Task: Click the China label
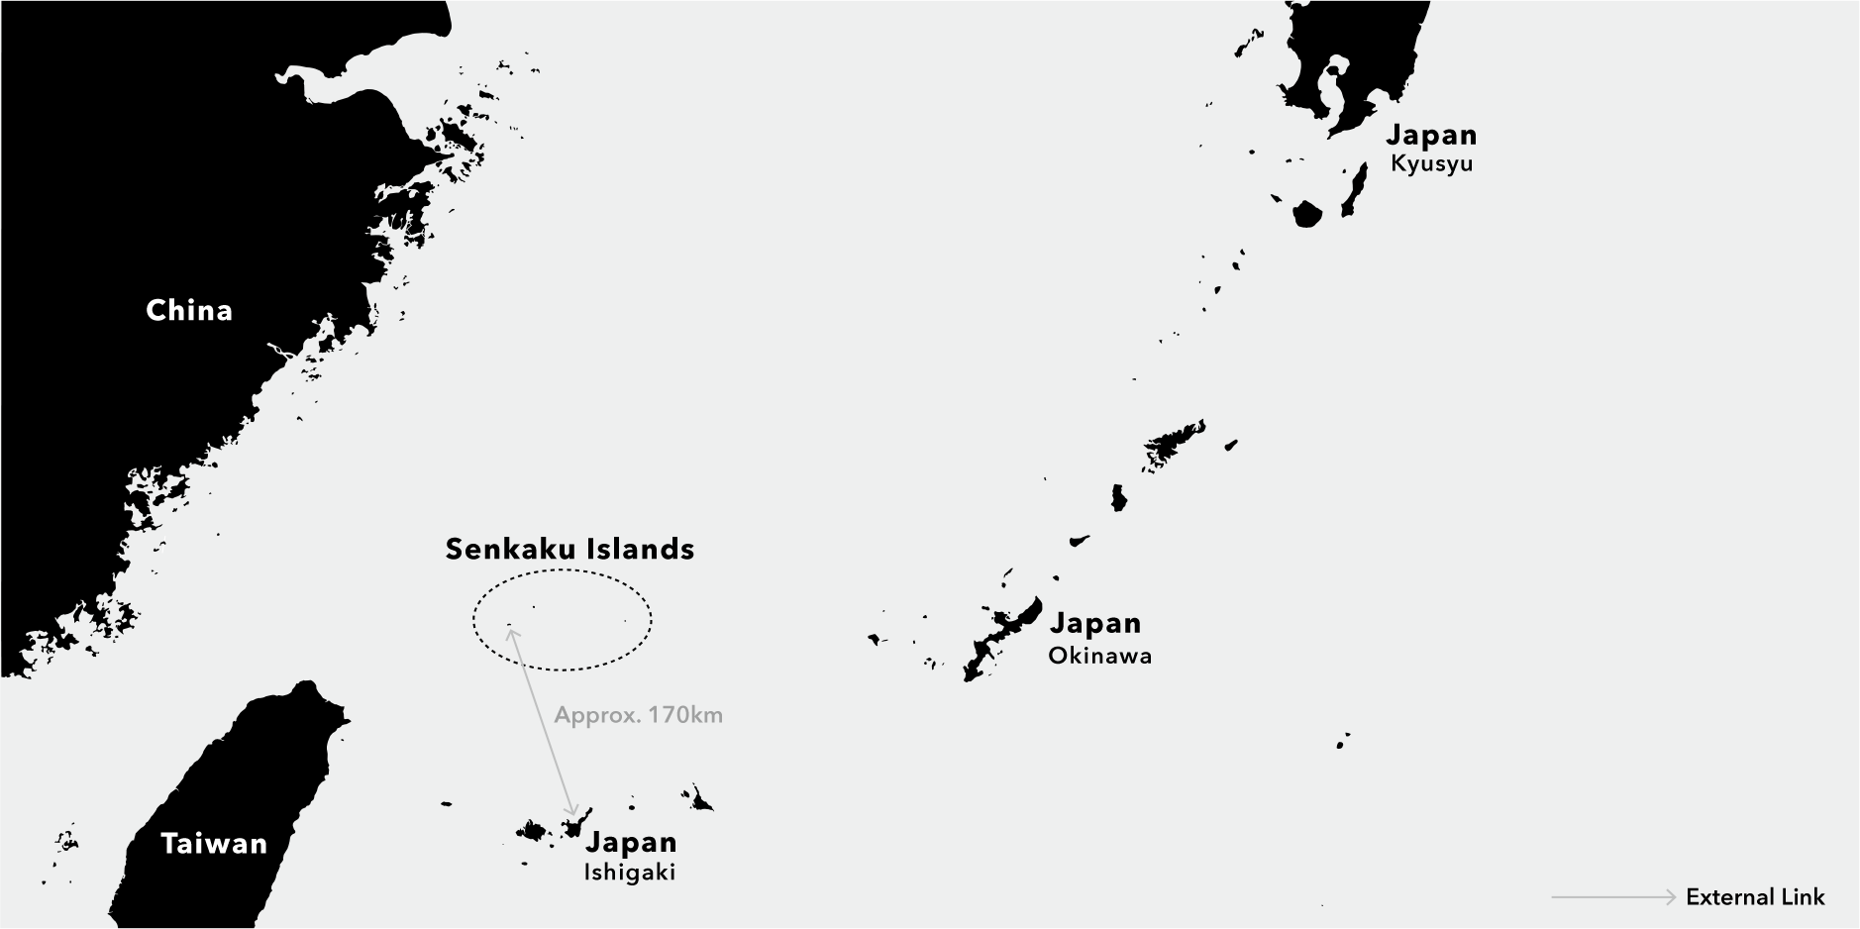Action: pos(189,310)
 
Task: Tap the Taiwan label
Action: pos(214,844)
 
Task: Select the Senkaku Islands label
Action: pos(569,549)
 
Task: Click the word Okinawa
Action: pos(1099,656)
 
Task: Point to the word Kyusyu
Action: pos(1431,164)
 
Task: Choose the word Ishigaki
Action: pos(629,873)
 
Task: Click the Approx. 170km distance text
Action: pos(638,714)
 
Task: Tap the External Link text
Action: pos(1755,897)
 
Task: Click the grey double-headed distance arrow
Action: pos(542,721)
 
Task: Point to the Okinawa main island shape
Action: pos(1000,634)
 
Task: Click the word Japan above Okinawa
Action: pos(1095,623)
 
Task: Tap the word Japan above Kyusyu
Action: pos(1431,135)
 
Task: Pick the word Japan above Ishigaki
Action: pos(631,842)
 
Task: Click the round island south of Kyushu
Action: pos(1307,213)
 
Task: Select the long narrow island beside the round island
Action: pos(1354,190)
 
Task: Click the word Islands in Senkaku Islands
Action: pos(639,549)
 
